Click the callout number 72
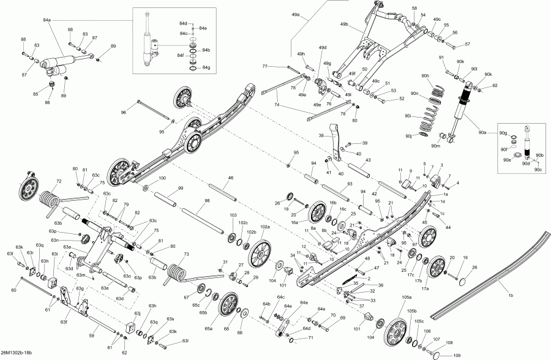click(x=59, y=181)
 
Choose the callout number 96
click(x=123, y=113)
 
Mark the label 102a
click(x=265, y=227)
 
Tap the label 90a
click(x=482, y=132)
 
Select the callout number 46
click(x=231, y=178)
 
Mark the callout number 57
click(x=467, y=44)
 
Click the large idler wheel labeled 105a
click(x=396, y=331)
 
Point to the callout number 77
click(x=265, y=66)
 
